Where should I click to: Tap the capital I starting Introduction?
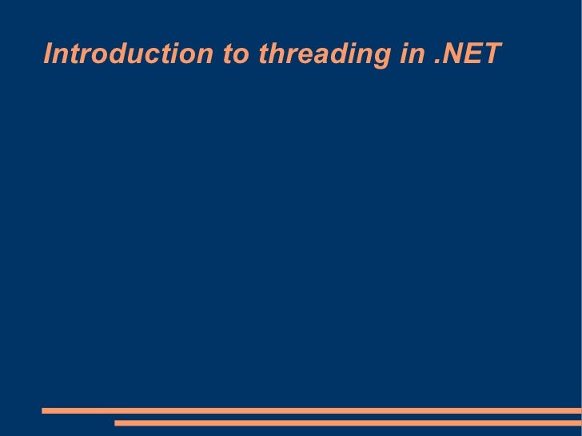(x=48, y=54)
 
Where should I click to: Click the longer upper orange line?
(x=312, y=411)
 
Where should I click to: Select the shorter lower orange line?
(x=348, y=423)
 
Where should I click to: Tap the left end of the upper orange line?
(x=44, y=411)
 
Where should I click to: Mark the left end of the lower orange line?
(x=117, y=423)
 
